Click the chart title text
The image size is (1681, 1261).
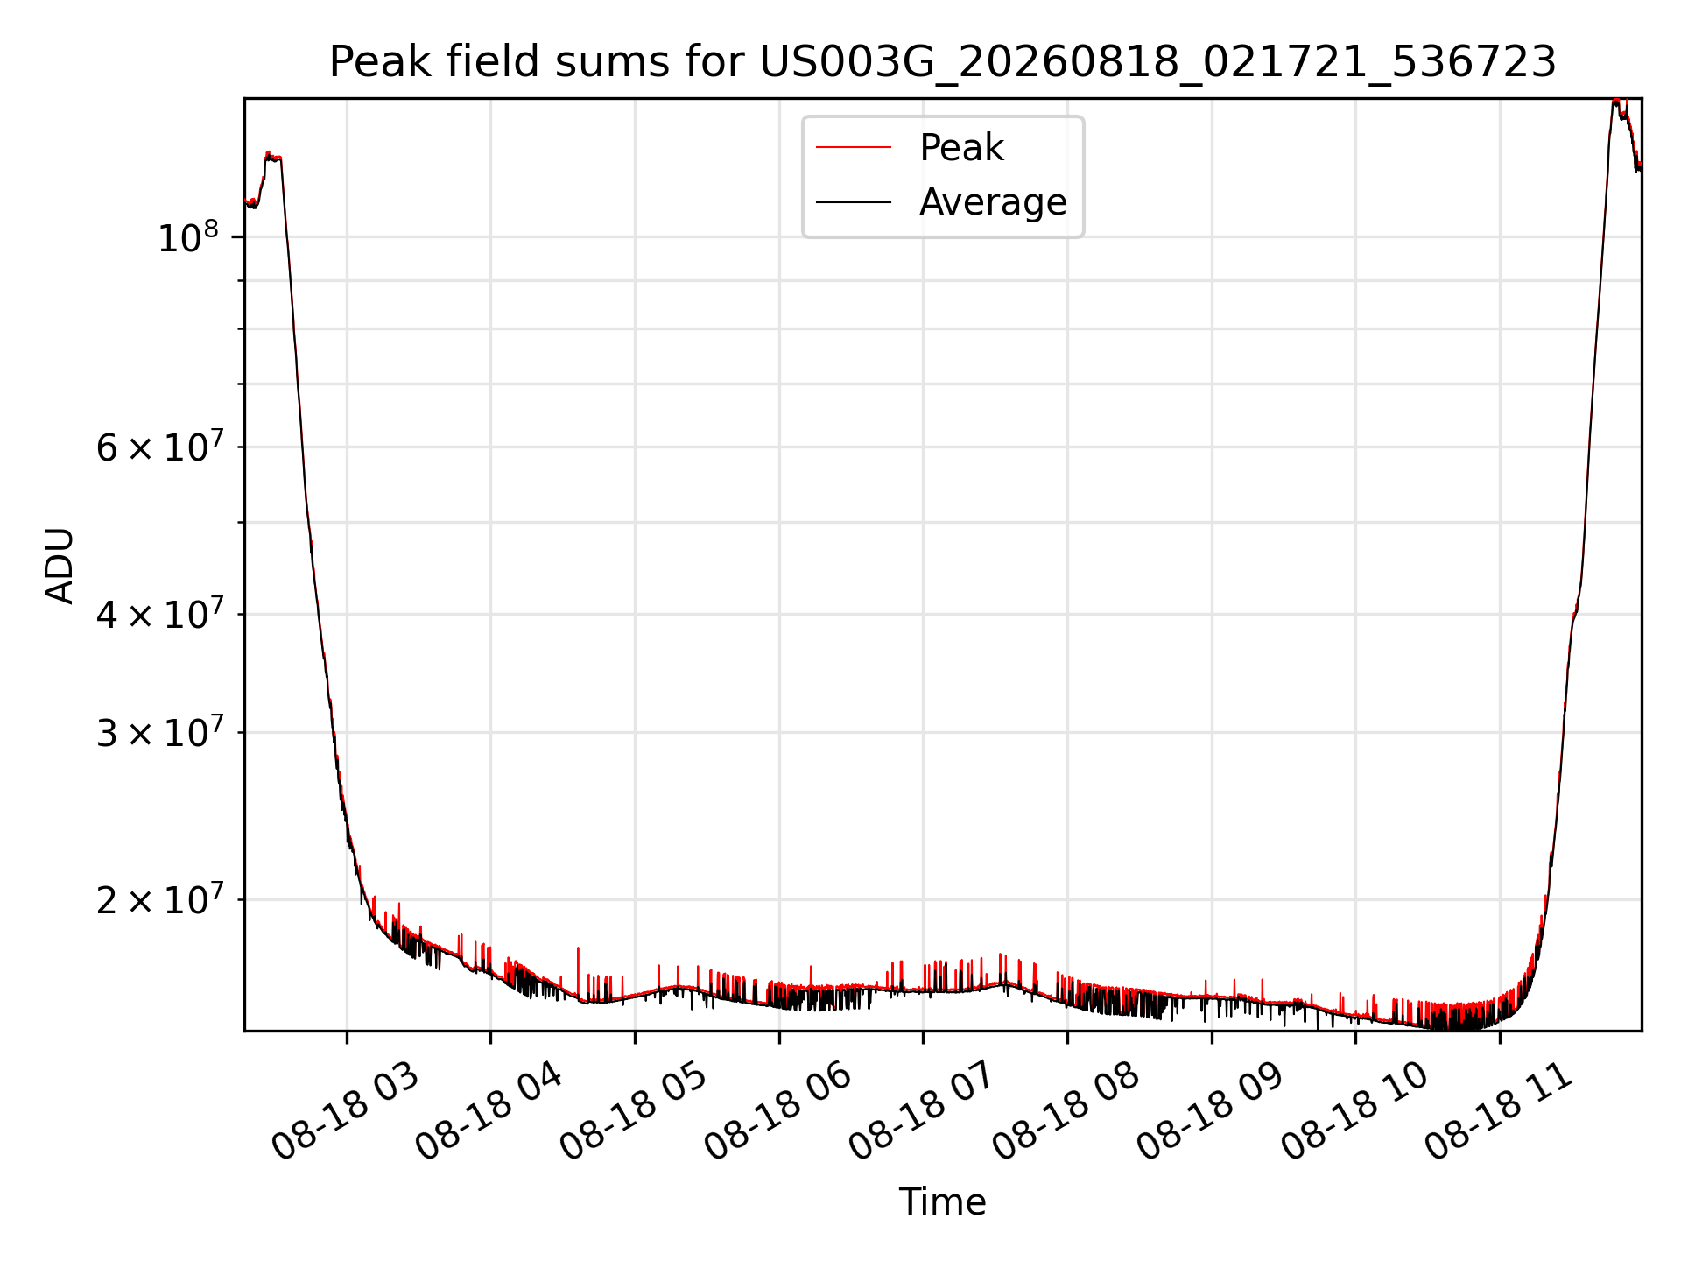pos(942,62)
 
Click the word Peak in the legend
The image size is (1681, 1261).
pos(961,147)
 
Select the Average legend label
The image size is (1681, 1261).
pos(993,202)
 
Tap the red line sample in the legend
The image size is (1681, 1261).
pos(854,147)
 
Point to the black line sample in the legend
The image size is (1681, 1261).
pos(854,202)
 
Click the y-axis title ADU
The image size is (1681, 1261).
pos(60,566)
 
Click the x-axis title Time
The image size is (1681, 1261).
pos(942,1202)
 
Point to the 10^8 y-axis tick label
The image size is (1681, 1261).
pos(187,236)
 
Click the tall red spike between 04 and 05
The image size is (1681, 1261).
pos(578,972)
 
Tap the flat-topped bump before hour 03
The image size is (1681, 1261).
pos(272,158)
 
